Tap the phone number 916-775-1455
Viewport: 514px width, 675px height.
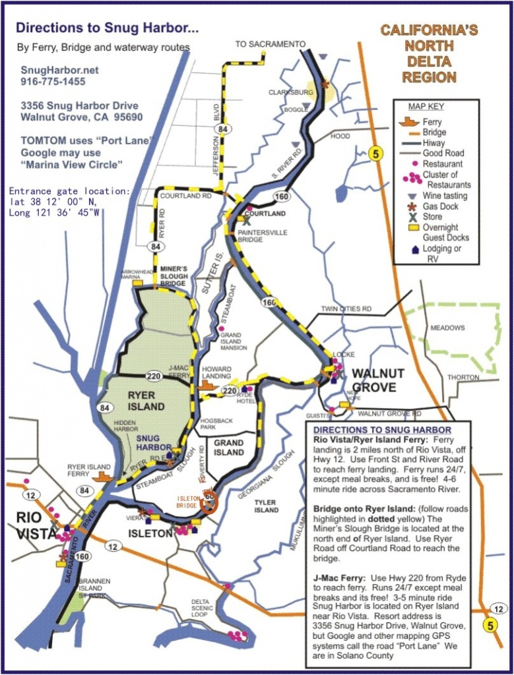coord(53,81)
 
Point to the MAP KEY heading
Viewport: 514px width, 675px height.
coord(427,107)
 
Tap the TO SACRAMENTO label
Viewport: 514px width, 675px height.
coord(271,44)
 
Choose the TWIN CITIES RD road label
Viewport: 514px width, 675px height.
coord(346,308)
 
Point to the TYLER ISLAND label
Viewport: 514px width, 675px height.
coord(266,506)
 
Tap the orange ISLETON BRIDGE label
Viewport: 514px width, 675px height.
coord(188,502)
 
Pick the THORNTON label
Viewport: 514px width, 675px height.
coord(464,377)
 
